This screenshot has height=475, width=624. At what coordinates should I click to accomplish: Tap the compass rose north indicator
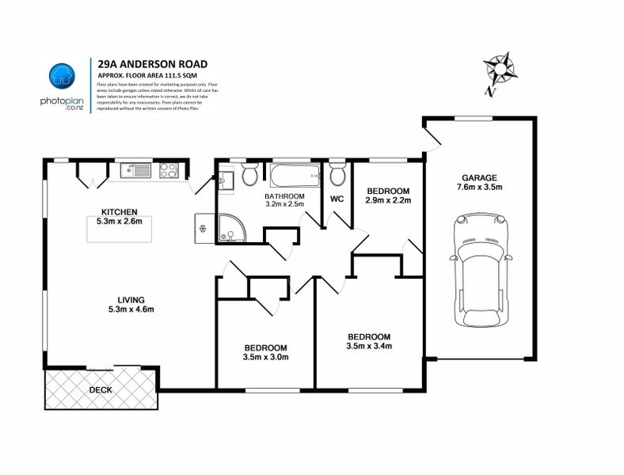click(500, 70)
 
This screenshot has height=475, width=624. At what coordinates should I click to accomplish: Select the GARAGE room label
click(481, 178)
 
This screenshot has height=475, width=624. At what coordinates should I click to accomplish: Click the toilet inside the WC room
click(337, 173)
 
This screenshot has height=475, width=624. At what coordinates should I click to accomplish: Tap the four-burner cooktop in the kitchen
click(167, 169)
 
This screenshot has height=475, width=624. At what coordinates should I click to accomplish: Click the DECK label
click(100, 389)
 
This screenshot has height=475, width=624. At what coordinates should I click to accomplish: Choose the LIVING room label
click(131, 299)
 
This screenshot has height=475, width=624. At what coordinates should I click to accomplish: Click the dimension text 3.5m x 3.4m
click(369, 345)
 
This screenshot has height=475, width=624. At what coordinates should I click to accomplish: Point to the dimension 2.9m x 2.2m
click(387, 201)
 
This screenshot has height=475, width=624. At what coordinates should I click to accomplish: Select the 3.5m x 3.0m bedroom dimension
click(265, 358)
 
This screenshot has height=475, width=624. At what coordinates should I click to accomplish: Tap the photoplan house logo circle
click(61, 76)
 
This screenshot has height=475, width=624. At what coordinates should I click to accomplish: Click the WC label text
click(336, 199)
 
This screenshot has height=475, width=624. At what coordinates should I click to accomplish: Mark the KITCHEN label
click(120, 211)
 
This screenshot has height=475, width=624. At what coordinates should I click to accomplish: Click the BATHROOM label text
click(284, 196)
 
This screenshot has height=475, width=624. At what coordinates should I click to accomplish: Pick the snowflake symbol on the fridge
click(203, 229)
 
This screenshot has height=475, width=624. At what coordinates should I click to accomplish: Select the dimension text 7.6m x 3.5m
click(481, 188)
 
